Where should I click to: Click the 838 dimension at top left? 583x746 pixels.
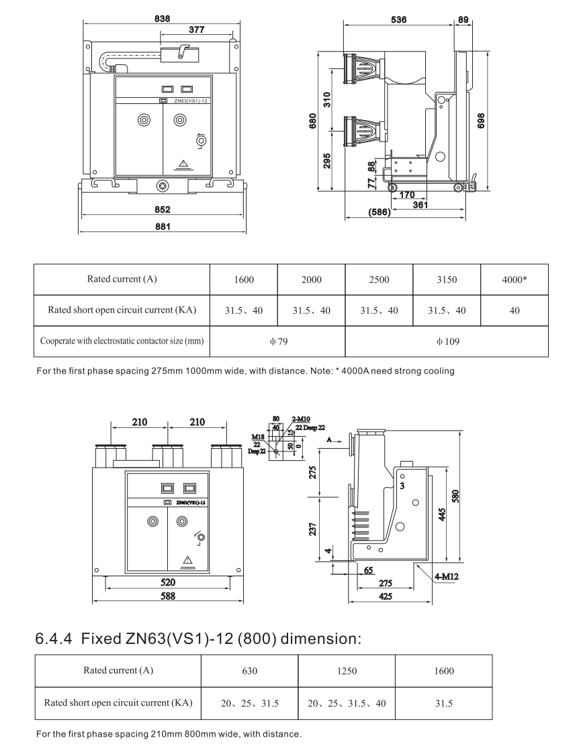click(x=162, y=19)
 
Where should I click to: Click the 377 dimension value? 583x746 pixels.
click(x=196, y=30)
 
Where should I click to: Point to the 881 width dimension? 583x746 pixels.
click(x=162, y=227)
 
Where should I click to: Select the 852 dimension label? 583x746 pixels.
click(x=162, y=209)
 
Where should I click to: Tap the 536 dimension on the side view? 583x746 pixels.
click(x=398, y=20)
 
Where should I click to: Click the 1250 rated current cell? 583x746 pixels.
click(x=346, y=671)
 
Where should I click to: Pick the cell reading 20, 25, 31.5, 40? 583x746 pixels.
click(x=346, y=703)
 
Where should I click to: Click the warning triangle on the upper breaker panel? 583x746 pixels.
click(x=182, y=163)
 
